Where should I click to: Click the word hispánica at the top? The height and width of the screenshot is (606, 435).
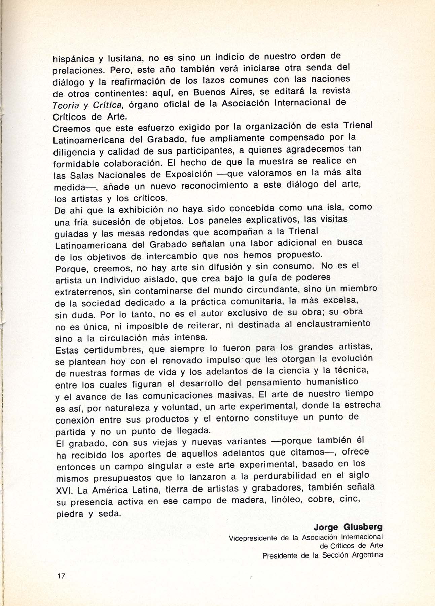(x=74, y=59)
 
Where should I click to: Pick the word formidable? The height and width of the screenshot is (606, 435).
(x=76, y=164)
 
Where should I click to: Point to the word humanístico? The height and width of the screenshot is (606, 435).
(x=332, y=382)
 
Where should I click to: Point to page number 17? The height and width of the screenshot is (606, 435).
(x=61, y=576)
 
